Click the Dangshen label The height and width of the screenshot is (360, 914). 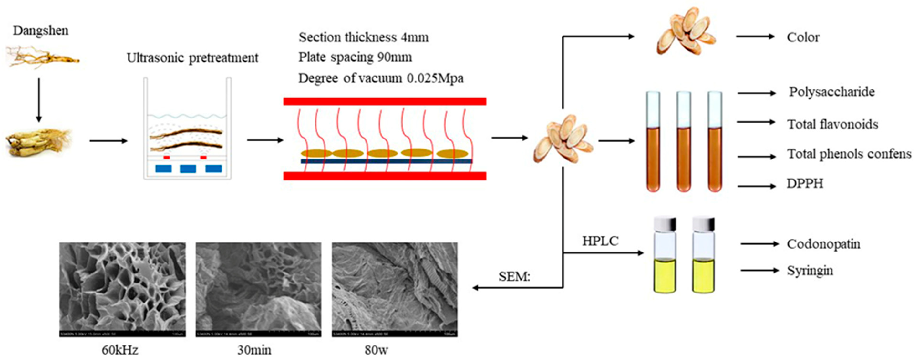coord(41,31)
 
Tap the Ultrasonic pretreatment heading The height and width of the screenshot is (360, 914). coord(192,57)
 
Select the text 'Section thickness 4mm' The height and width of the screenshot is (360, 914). coord(363,37)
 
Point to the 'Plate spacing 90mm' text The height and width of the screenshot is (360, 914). coord(355,57)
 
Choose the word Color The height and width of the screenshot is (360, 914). coord(803,37)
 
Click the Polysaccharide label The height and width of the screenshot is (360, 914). coord(831,92)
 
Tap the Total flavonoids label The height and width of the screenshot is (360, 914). coord(833,124)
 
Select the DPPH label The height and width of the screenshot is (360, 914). coord(805,183)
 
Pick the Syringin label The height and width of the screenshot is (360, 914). coord(810,271)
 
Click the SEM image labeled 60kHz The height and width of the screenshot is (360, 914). coord(122,289)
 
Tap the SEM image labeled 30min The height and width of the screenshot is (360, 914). coord(258,289)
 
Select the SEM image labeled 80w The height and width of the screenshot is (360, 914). coord(395,289)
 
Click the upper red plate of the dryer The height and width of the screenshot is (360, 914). coord(385,101)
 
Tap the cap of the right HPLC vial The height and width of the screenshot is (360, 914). coord(703,223)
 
